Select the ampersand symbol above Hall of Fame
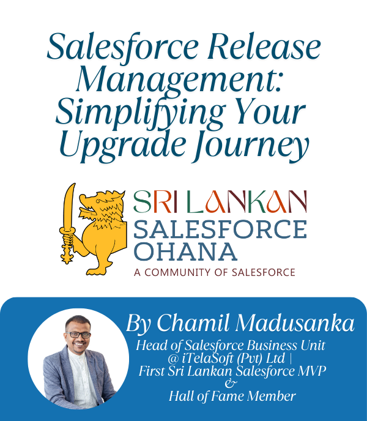(231, 383)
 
